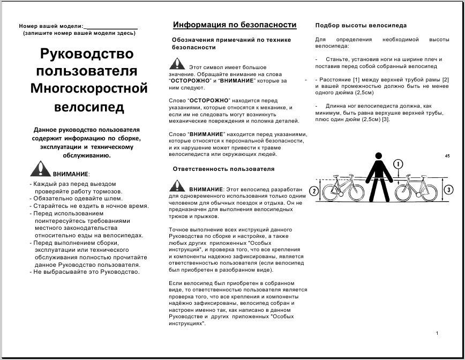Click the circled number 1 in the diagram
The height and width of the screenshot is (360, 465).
(x=398, y=164)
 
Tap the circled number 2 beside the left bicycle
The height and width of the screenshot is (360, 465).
(x=314, y=190)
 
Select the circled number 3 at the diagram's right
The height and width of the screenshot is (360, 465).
(x=449, y=189)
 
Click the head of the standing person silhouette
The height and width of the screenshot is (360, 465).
(x=379, y=157)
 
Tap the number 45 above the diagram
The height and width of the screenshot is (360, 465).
(x=447, y=156)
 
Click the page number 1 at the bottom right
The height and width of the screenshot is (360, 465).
(x=437, y=334)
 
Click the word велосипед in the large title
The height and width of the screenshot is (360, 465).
(x=89, y=107)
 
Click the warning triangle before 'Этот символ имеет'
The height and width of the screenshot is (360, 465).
(x=177, y=64)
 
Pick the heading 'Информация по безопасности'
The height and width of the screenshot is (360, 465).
(x=235, y=25)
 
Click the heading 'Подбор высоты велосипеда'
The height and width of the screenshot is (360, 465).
(x=361, y=25)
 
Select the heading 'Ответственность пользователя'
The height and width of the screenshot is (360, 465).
(x=223, y=169)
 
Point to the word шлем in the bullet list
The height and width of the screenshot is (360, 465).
(x=112, y=198)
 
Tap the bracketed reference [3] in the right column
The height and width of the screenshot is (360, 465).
(x=385, y=119)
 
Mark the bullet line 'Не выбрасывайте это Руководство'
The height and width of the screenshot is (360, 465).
(x=86, y=272)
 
